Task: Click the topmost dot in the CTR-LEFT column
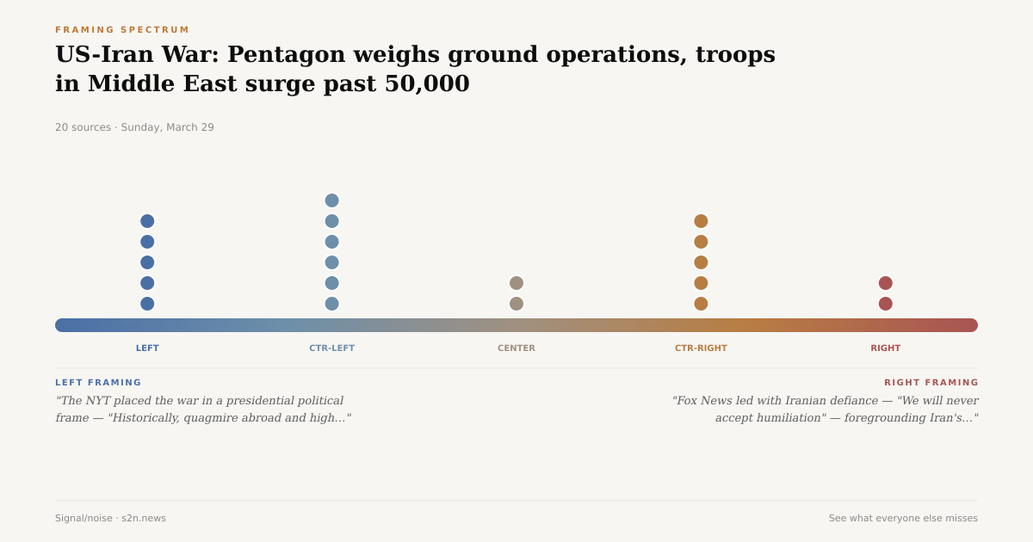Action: (x=331, y=200)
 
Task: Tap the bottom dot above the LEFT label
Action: (x=147, y=304)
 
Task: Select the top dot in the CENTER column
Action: (x=516, y=283)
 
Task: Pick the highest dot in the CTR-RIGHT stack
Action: (x=701, y=221)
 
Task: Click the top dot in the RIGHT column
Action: (x=885, y=283)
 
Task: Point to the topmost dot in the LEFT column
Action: (x=147, y=221)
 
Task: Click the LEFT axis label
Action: (x=147, y=348)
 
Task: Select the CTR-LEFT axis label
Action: (x=331, y=348)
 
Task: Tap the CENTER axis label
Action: (x=516, y=348)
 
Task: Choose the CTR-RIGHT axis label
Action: (x=701, y=348)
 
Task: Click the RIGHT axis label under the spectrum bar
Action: (x=885, y=348)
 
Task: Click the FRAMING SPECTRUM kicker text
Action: (x=122, y=30)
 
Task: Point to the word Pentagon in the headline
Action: (x=281, y=55)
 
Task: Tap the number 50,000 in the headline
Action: (x=427, y=84)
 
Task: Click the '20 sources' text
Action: (x=83, y=127)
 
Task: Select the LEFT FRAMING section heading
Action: (x=98, y=383)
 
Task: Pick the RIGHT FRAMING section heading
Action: (x=931, y=383)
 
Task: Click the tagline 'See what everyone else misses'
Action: (x=903, y=519)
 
